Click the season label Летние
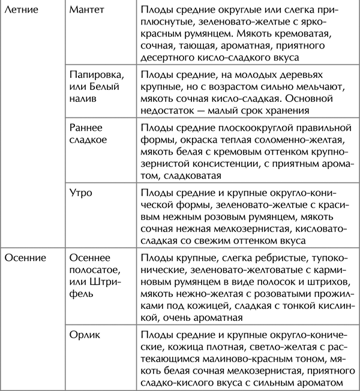[x=23, y=11]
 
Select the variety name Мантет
[x=88, y=11]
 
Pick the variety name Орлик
[x=85, y=335]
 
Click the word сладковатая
[x=193, y=176]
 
